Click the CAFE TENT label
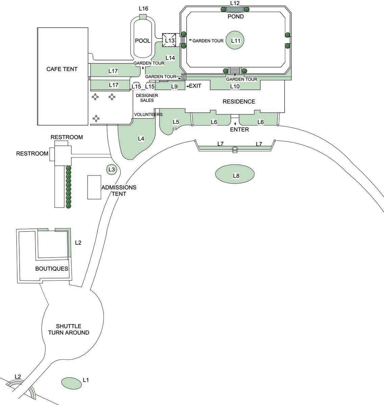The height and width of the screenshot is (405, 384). tap(62, 69)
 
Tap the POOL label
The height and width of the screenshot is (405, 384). tap(143, 41)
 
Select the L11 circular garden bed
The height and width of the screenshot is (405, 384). tap(236, 41)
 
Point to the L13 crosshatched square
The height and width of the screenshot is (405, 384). tap(170, 40)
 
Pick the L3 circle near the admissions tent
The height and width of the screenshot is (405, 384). tap(112, 169)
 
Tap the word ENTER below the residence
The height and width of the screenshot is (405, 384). tap(239, 130)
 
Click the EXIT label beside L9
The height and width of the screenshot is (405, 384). tap(195, 86)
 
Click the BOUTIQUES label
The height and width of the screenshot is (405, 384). tap(52, 269)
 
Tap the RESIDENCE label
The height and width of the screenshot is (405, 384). tap(239, 102)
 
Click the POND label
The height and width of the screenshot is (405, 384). tap(236, 17)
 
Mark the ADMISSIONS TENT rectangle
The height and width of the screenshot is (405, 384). tap(94, 187)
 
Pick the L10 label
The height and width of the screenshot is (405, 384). tap(235, 86)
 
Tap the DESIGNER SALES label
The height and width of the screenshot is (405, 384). tap(145, 98)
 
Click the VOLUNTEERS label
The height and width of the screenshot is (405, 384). tap(148, 114)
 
